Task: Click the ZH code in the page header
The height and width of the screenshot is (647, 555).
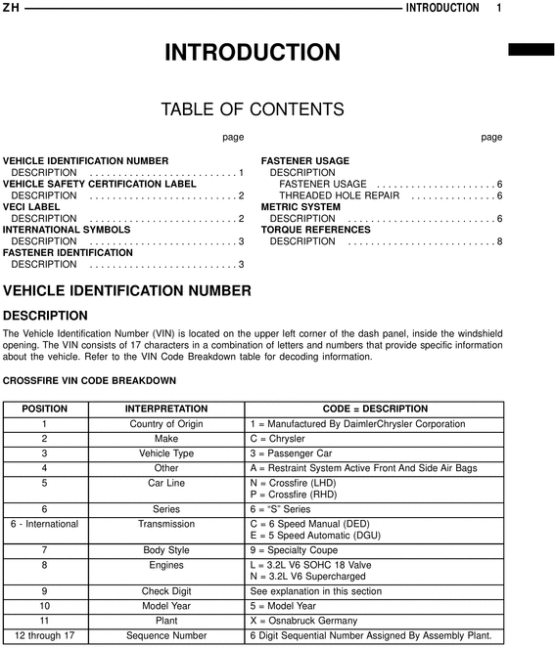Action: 11,8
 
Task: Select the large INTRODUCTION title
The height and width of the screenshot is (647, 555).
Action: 253,53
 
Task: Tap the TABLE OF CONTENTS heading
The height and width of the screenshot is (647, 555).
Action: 253,108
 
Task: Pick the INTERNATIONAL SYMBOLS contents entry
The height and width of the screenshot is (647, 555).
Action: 67,230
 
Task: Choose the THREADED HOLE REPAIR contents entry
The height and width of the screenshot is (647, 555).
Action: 339,195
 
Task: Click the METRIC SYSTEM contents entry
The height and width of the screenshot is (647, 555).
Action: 301,207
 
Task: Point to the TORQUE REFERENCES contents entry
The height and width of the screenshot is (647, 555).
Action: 315,230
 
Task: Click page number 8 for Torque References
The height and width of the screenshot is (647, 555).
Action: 499,241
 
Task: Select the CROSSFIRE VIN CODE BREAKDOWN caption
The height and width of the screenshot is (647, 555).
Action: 90,380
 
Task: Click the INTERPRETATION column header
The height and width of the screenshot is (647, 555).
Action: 166,409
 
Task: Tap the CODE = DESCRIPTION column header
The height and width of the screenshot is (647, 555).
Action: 375,409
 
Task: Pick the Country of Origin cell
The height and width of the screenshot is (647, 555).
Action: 166,424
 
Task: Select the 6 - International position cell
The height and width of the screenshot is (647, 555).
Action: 44,524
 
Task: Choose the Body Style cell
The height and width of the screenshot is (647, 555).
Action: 166,551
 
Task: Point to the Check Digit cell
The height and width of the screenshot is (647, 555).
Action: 166,591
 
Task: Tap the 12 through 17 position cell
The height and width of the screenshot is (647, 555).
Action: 44,635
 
